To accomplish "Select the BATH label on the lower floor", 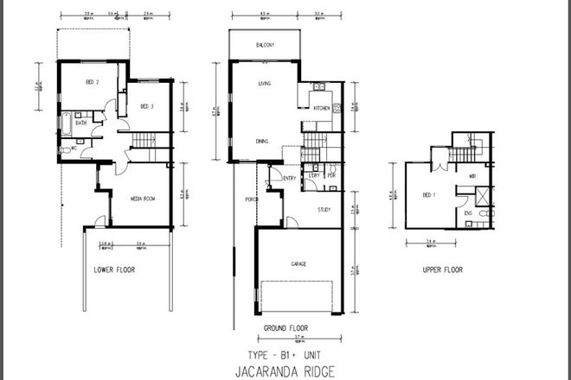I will click(x=80, y=123).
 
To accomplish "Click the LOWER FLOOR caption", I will click(x=115, y=269).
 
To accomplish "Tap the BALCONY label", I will click(x=266, y=44).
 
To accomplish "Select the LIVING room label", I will click(x=266, y=84).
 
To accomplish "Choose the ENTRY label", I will click(x=289, y=179).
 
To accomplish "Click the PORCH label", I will click(x=252, y=199).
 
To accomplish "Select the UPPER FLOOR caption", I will click(x=443, y=269).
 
